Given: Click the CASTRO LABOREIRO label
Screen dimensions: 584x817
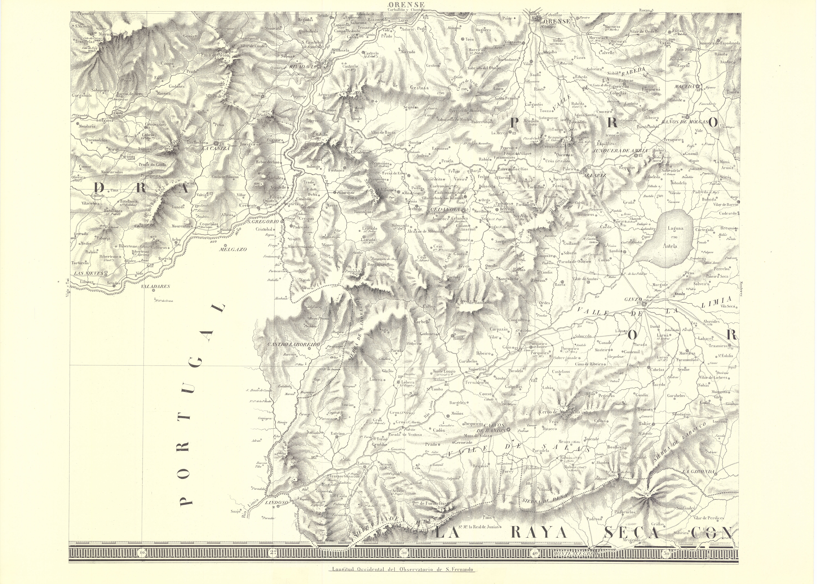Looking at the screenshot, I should [x=294, y=344].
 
